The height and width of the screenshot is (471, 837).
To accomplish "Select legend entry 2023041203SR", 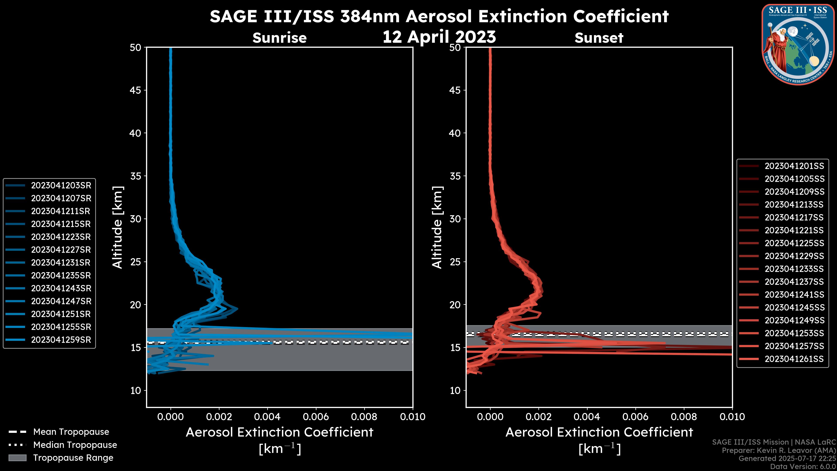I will (61, 186).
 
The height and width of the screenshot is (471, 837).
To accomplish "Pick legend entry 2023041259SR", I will (61, 340).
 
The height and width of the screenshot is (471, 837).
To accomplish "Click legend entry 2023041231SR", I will (61, 263).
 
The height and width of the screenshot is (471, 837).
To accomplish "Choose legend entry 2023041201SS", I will (794, 166).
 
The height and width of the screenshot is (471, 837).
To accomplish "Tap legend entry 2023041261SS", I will (794, 359).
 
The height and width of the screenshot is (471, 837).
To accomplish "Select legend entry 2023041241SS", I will (794, 295).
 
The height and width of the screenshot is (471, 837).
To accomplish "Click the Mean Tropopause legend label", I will (71, 432).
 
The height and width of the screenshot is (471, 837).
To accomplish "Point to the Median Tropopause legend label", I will (75, 445).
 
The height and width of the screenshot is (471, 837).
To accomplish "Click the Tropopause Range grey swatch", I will (17, 458).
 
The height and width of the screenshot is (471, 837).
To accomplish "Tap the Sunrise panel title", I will (279, 38).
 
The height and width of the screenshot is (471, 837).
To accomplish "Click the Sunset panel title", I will (599, 38).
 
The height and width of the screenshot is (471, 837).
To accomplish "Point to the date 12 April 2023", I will (439, 37).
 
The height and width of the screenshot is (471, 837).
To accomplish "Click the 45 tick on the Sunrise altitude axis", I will (136, 90).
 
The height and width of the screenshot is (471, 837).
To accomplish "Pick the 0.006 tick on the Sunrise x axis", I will (316, 417).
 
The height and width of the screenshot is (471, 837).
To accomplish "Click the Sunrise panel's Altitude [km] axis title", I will (118, 227).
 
